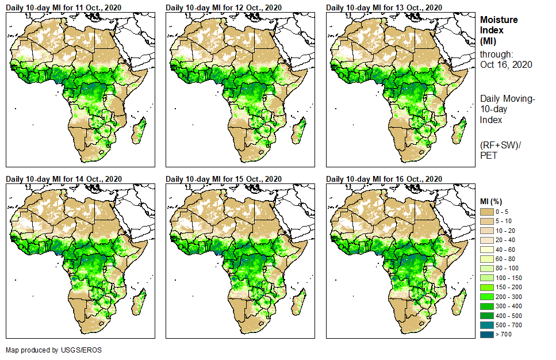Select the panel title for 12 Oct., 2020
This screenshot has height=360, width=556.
pos(224,7)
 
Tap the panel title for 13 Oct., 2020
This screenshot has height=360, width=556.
pos(384,7)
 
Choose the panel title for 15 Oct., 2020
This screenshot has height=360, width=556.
pos(224,179)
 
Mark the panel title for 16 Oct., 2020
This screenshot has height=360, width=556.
pos(384,179)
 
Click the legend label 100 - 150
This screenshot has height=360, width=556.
pos(508,278)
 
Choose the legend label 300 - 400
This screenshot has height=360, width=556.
pos(508,305)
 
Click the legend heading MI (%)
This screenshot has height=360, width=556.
pos(493,200)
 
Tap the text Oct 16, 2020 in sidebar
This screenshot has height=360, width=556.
pos(506,64)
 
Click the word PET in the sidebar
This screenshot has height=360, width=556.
pos(489,155)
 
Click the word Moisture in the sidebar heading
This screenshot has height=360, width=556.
pos(499,20)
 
